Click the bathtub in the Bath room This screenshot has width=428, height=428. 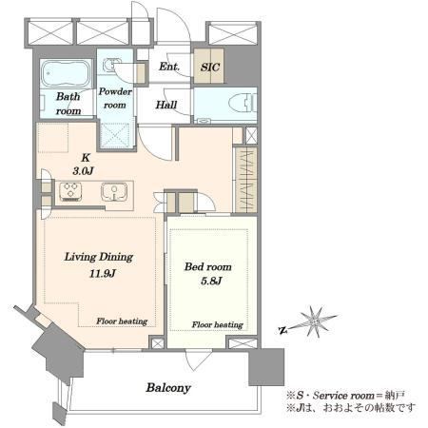[66, 73]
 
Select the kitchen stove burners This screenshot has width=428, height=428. [70, 191]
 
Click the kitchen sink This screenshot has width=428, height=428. [114, 191]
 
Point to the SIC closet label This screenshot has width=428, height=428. [210, 67]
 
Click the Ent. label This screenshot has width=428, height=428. [169, 67]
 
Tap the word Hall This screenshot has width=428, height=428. [166, 105]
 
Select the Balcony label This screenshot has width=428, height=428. [168, 388]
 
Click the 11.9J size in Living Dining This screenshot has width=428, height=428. [102, 273]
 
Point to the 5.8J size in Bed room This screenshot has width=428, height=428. [211, 281]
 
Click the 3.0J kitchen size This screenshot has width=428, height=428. [83, 171]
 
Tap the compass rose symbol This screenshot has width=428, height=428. [314, 321]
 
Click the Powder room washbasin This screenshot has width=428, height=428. [110, 65]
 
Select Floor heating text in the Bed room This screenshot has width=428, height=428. [218, 324]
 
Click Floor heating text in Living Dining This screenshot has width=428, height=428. [122, 321]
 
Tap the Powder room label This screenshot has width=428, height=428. [115, 98]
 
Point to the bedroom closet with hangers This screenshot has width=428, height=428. [245, 180]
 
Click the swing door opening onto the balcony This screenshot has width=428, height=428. [198, 360]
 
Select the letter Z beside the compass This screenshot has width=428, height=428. [282, 331]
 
